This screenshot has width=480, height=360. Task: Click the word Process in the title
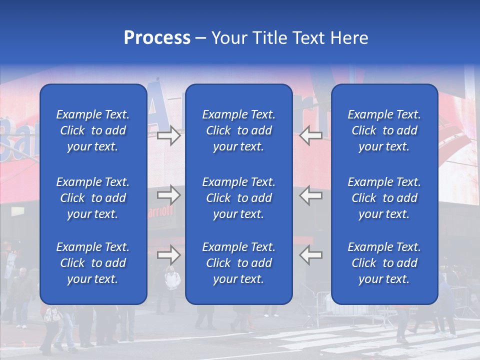157,38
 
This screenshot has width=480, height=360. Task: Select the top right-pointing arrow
169,135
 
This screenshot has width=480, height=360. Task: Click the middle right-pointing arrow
169,194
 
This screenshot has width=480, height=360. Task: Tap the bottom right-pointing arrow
169,255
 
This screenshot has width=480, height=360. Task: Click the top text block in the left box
93,130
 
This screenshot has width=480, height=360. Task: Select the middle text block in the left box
93,198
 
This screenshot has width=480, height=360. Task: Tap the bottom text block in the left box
93,263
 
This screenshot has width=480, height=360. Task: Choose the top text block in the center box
238,130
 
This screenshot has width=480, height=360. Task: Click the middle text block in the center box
238,198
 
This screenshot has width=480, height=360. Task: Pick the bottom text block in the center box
238,263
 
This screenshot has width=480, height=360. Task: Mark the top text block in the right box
384,130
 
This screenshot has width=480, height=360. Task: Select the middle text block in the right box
384,198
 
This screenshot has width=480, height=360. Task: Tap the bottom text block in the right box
384,263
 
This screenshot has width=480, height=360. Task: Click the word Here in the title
349,38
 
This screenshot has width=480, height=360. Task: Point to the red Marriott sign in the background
161,211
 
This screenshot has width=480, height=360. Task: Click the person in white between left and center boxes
172,280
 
